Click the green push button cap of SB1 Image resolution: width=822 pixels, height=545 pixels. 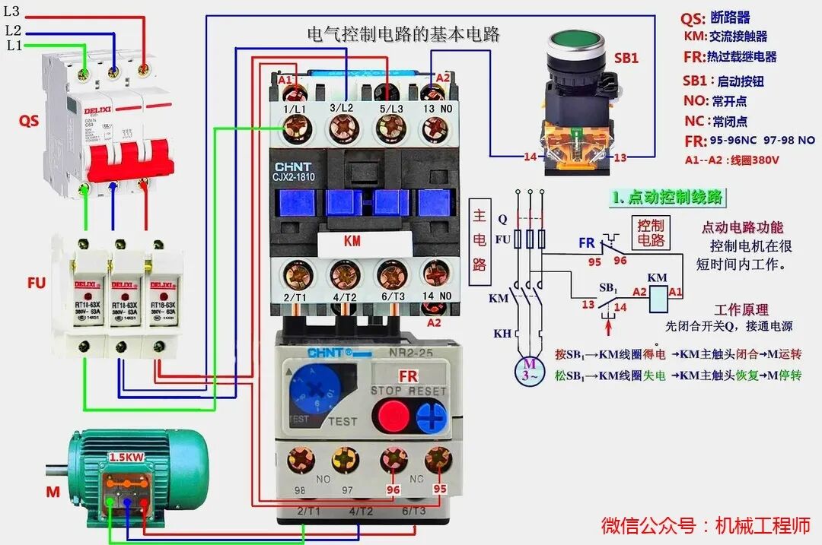[576, 43]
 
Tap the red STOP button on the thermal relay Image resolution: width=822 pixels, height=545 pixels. [393, 415]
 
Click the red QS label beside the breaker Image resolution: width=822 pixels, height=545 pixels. [29, 121]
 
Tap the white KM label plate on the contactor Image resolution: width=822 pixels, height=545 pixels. [352, 241]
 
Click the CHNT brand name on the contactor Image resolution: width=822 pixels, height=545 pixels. [293, 166]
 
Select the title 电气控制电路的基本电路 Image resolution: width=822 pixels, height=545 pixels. [403, 35]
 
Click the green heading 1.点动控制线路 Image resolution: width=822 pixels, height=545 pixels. [667, 197]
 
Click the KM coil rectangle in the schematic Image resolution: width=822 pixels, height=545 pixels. [657, 300]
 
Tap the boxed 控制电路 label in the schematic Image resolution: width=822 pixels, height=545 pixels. [651, 233]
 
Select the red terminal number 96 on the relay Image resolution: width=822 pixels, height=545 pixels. [393, 490]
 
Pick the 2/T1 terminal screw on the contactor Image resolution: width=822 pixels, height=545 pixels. [294, 274]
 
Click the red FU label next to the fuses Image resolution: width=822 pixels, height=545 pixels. [35, 284]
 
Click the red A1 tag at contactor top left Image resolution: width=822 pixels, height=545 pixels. [285, 80]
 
